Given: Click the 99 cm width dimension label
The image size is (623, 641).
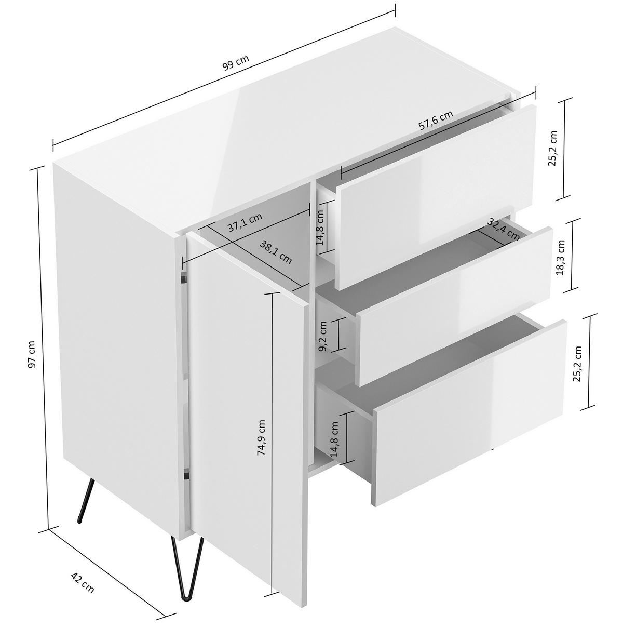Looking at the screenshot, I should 236,62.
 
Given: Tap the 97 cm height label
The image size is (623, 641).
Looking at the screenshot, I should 32,354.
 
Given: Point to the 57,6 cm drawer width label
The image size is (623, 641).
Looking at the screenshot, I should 435,121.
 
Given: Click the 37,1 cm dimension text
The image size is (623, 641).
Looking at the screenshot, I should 245,223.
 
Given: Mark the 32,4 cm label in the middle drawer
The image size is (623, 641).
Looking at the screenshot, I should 503,229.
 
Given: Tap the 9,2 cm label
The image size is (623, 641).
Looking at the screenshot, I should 323,336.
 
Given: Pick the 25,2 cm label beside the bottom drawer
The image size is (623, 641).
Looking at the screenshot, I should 577,363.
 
